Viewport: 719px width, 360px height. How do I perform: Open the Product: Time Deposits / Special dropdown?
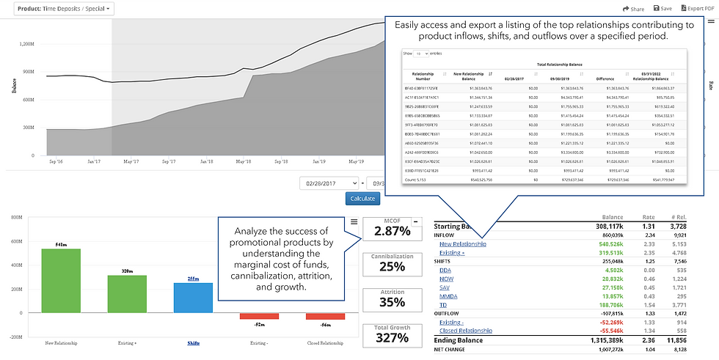click(x=62, y=9)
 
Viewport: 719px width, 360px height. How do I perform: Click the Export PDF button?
click(x=699, y=9)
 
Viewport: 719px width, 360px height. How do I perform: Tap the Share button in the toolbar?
click(x=632, y=9)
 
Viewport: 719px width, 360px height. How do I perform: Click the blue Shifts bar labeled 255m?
click(x=194, y=297)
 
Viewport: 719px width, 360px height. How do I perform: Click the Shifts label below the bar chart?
click(x=194, y=342)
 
